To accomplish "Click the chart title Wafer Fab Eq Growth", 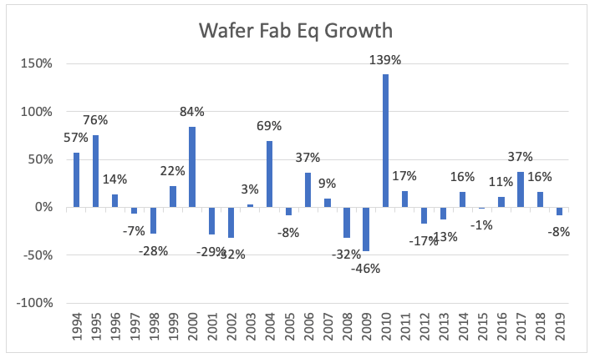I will pos(297,32).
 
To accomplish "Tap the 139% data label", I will pos(385,60).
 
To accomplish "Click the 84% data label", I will pos(193,112).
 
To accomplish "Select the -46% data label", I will pos(366,268).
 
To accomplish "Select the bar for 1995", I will pos(96,171).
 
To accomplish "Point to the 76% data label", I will pos(96,118).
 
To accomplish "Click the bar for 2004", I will pos(270,174).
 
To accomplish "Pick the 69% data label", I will pos(270,126).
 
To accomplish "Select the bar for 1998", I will pos(154,220).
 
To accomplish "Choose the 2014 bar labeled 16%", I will pos(462,199).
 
